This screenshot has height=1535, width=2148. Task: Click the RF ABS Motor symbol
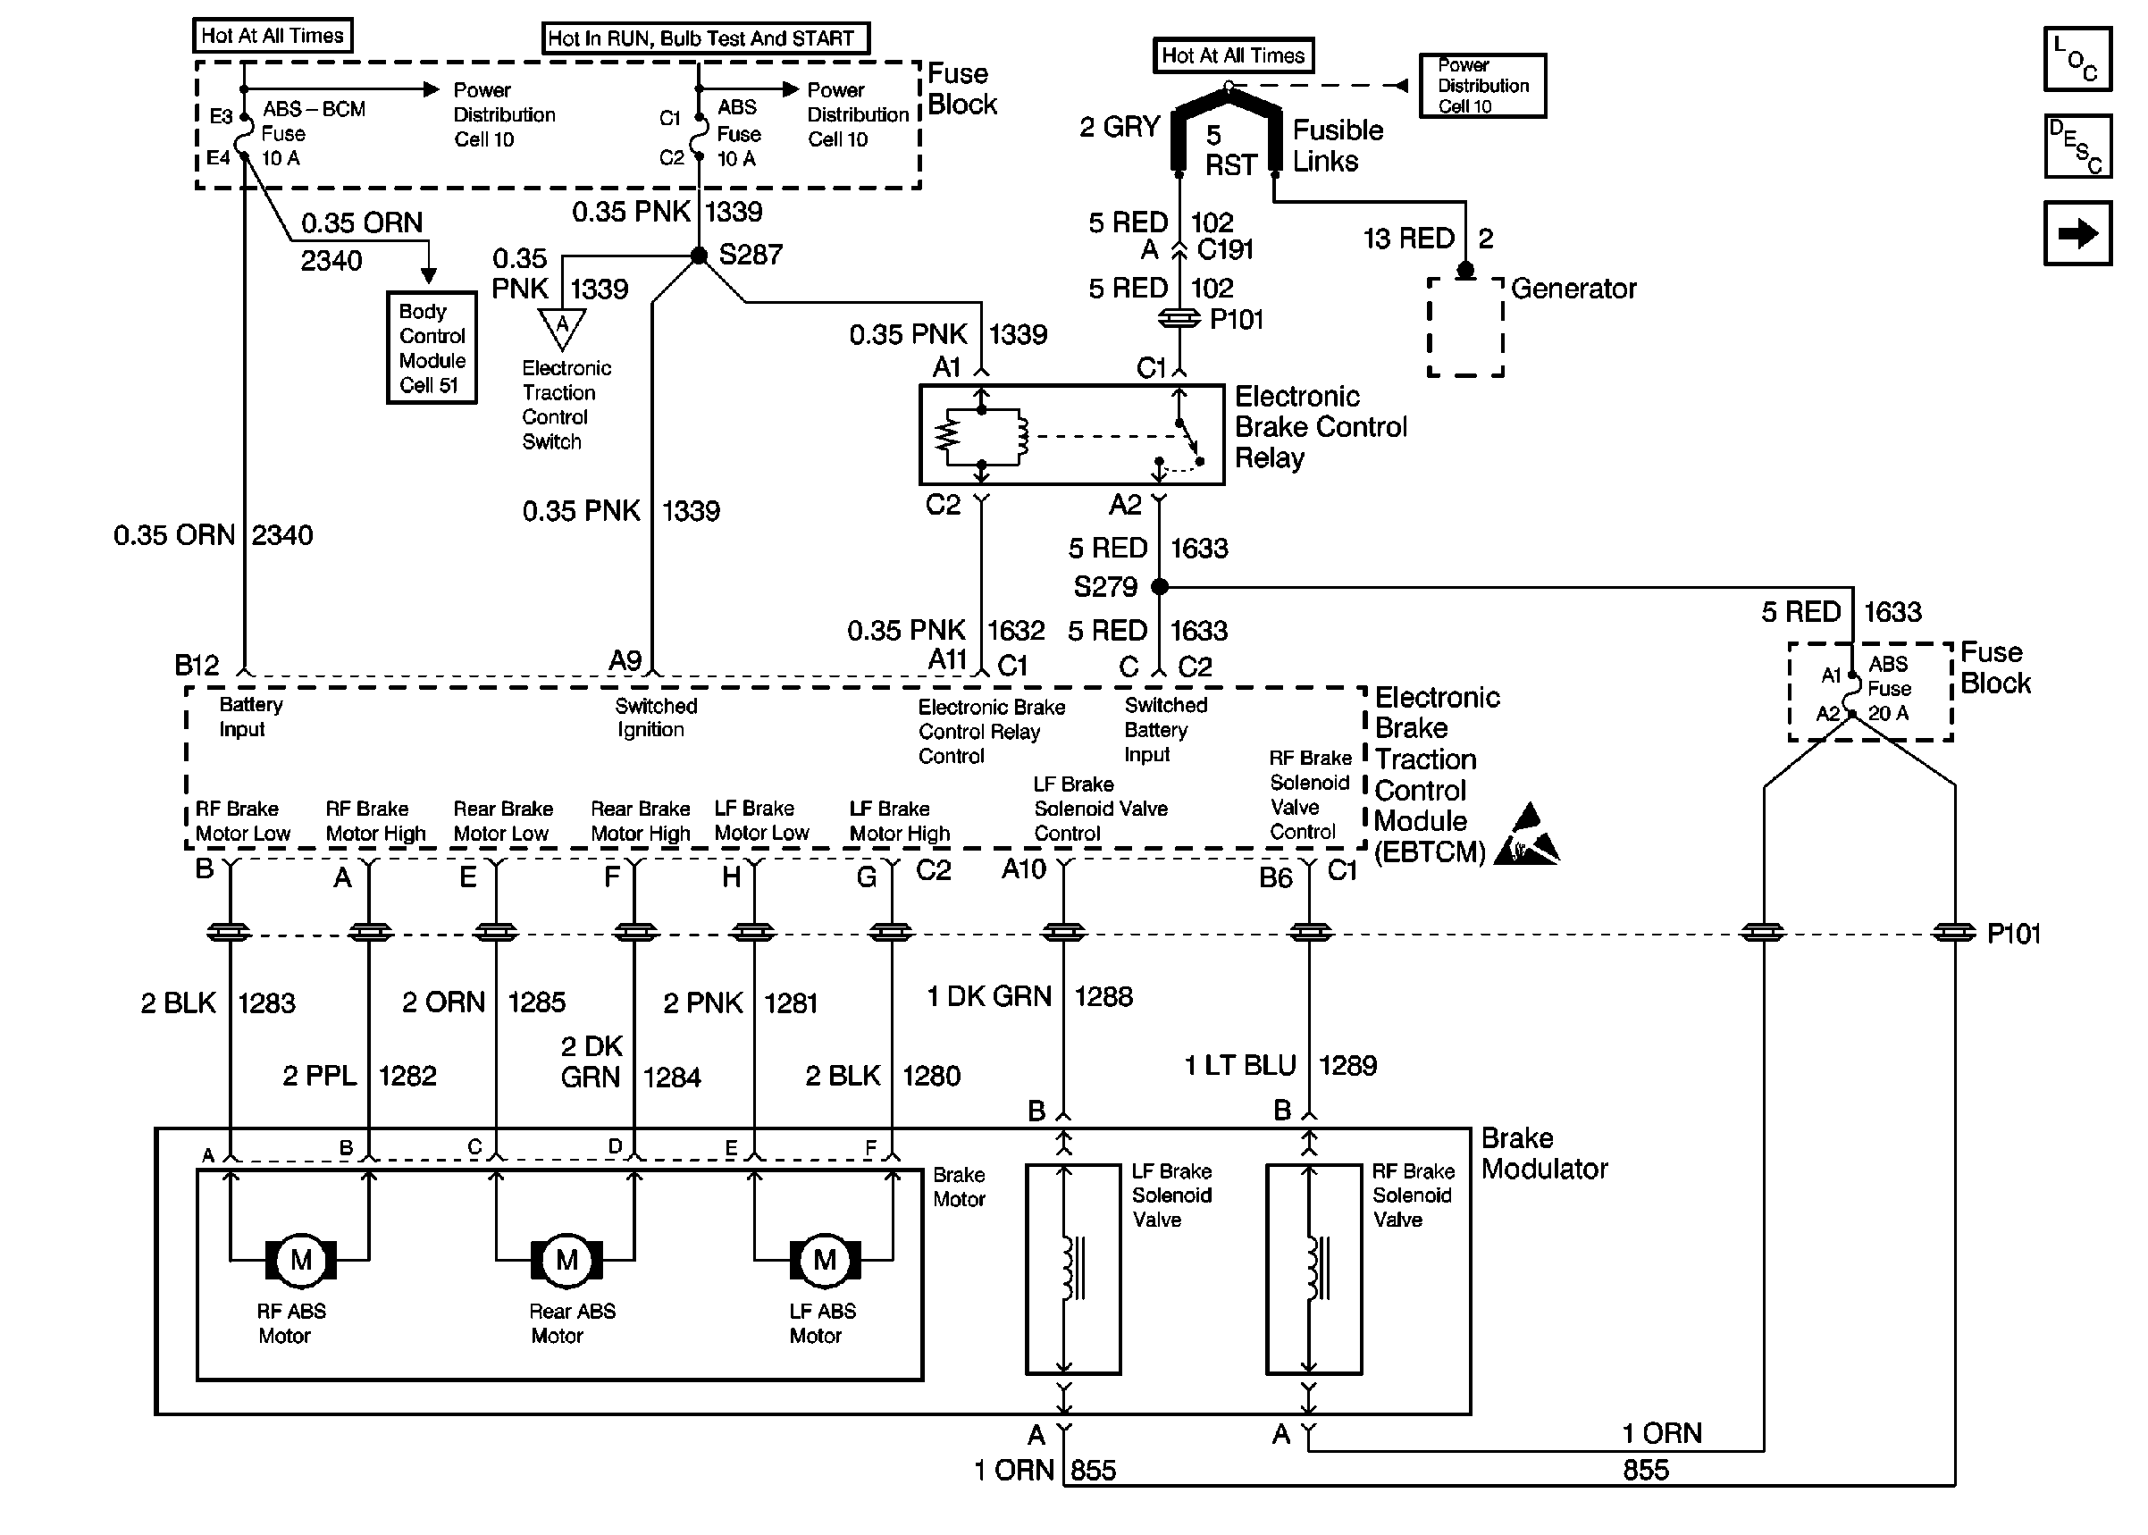tap(300, 1260)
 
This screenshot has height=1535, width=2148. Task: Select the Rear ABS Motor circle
tap(566, 1260)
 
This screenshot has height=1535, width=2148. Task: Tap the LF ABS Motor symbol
tap(824, 1260)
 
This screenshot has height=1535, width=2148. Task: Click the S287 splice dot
tap(699, 256)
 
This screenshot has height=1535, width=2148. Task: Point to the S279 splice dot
tap(1160, 587)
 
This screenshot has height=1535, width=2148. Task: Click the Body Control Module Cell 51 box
tap(431, 348)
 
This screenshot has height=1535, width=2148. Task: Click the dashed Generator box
tap(1464, 327)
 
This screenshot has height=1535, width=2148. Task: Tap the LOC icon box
tap(2077, 59)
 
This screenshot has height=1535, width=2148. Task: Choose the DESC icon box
tap(2077, 147)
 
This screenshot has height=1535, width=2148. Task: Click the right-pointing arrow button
tap(2077, 232)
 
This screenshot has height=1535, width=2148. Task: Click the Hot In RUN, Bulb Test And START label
tap(704, 38)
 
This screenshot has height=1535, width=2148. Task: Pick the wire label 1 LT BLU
tap(1240, 1065)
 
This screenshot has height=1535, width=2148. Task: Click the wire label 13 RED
tap(1408, 239)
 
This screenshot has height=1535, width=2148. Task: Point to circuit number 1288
tap(1103, 996)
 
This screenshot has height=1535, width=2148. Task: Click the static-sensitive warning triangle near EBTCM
tap(1525, 837)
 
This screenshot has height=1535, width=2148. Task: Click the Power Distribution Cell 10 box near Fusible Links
tap(1481, 86)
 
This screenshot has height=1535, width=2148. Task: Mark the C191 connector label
tap(1225, 249)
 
